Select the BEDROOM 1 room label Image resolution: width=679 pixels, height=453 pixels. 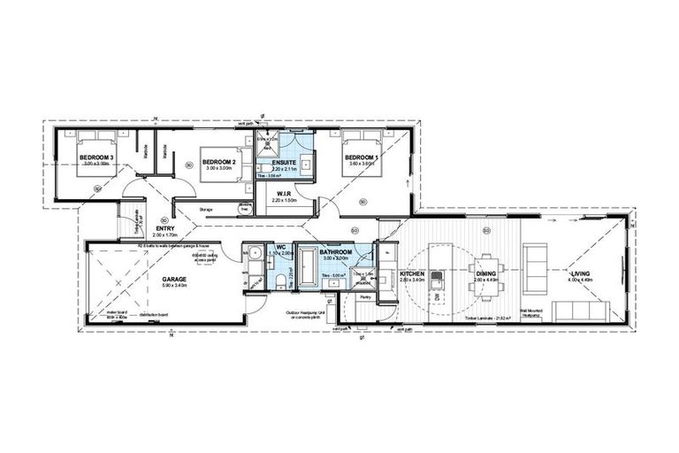point(362,157)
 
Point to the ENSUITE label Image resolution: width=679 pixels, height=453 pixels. point(284,162)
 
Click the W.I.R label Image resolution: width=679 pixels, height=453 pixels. point(284,193)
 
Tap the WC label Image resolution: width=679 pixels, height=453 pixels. point(279,248)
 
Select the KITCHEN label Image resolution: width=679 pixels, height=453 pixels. point(413,274)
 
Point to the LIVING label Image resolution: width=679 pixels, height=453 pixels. point(581,274)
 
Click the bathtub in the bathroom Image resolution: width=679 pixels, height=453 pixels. point(308,269)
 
